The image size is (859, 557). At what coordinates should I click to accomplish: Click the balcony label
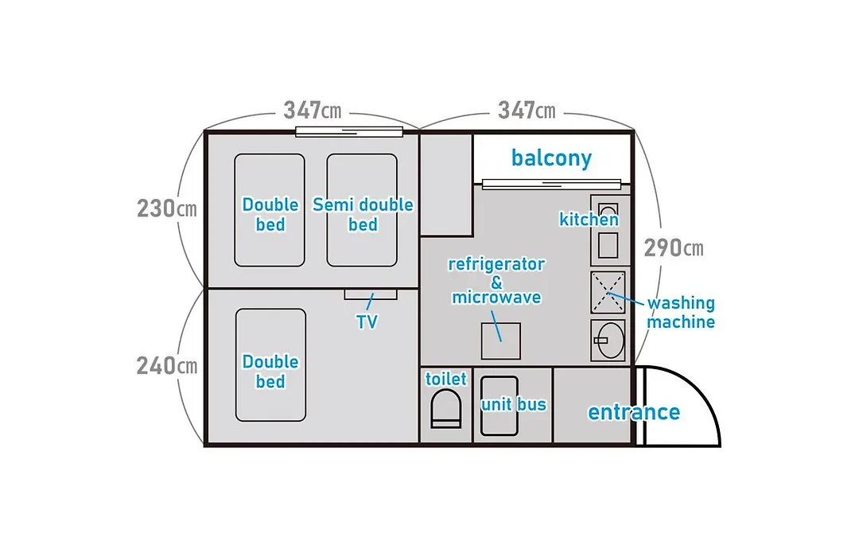pyautogui.click(x=551, y=158)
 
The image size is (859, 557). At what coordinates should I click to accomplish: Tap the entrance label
pyautogui.click(x=634, y=411)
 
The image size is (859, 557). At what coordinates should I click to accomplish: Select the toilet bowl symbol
pyautogui.click(x=446, y=408)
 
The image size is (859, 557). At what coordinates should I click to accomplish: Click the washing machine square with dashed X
pyautogui.click(x=608, y=292)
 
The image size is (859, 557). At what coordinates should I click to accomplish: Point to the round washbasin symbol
pyautogui.click(x=609, y=341)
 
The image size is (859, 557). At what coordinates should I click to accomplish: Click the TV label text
pyautogui.click(x=367, y=321)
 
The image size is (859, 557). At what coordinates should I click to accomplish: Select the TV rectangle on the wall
pyautogui.click(x=371, y=294)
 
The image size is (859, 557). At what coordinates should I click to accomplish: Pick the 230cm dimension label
pyautogui.click(x=166, y=208)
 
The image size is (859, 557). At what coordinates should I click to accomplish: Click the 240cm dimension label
pyautogui.click(x=166, y=365)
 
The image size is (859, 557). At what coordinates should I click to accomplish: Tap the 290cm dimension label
pyautogui.click(x=674, y=247)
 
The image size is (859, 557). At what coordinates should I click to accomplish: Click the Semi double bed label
pyautogui.click(x=363, y=214)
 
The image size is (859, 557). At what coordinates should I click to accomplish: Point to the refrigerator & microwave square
pyautogui.click(x=501, y=341)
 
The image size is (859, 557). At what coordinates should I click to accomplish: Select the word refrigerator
pyautogui.click(x=496, y=264)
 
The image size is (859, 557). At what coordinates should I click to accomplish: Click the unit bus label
pyautogui.click(x=513, y=404)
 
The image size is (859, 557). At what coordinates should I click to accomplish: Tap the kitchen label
pyautogui.click(x=589, y=220)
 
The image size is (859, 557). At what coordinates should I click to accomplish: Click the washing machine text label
pyautogui.click(x=681, y=312)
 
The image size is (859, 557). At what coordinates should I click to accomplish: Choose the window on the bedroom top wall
pyautogui.click(x=349, y=131)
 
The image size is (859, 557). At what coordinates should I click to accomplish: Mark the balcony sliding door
pyautogui.click(x=551, y=184)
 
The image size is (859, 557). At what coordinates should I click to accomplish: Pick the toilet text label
pyautogui.click(x=446, y=379)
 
